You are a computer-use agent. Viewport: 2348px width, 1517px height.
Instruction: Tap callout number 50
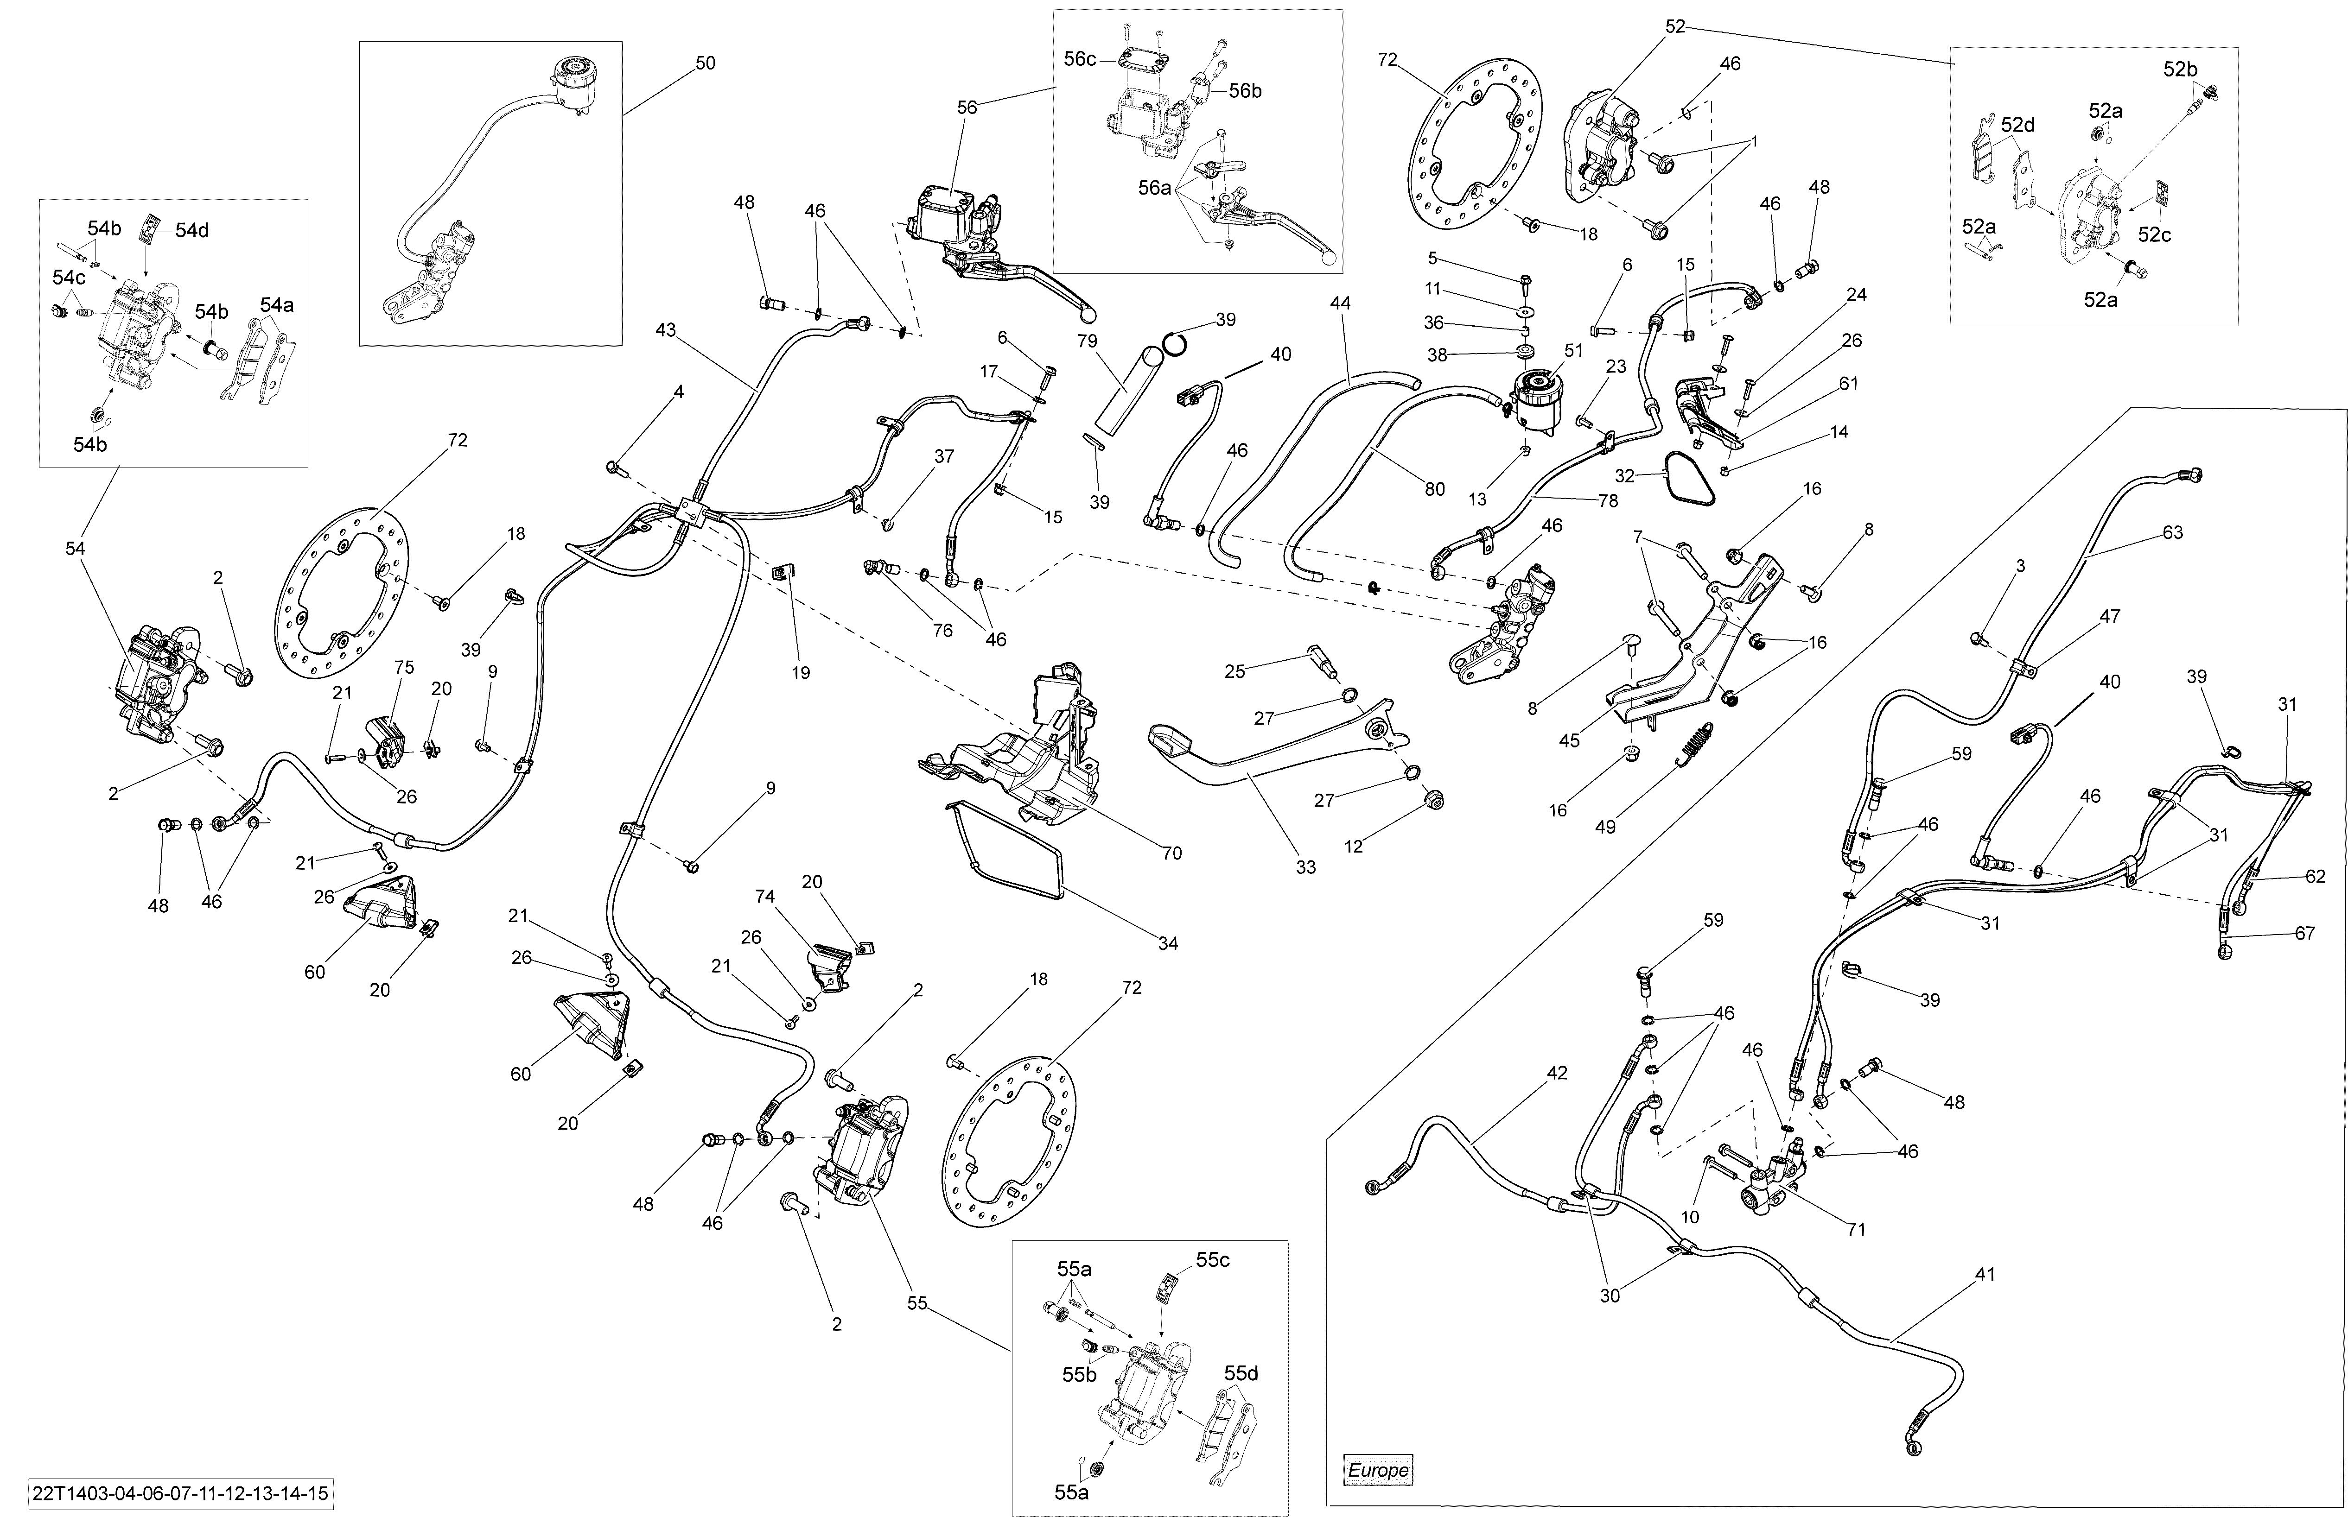[706, 63]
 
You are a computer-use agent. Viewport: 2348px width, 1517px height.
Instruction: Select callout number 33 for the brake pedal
[1305, 867]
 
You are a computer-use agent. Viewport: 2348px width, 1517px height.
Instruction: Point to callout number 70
[1171, 853]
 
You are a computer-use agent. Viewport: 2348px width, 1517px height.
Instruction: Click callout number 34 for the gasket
[1168, 944]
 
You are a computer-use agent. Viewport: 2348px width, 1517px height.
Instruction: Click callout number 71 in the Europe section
[1856, 1229]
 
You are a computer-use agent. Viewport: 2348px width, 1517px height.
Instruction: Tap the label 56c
[1080, 59]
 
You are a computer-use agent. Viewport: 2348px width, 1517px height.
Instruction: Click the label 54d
[192, 230]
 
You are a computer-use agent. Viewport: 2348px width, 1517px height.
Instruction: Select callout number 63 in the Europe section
[2173, 533]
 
